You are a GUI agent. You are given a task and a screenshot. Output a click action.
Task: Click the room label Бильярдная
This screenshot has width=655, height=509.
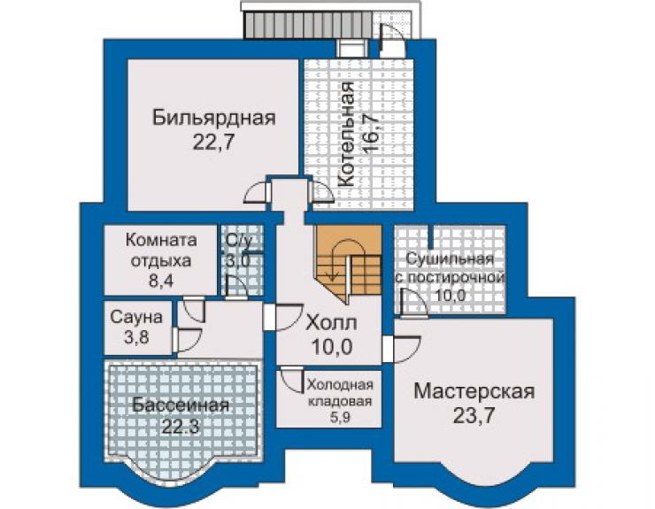click(x=214, y=118)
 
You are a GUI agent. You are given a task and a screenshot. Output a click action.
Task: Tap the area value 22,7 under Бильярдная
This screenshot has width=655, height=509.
click(x=212, y=143)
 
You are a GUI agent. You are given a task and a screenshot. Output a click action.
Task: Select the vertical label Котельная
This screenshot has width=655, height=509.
click(x=346, y=135)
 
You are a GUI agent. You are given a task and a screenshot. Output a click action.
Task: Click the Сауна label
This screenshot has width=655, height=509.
click(x=136, y=317)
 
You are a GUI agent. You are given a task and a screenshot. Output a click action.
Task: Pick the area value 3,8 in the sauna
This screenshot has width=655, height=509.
click(x=136, y=337)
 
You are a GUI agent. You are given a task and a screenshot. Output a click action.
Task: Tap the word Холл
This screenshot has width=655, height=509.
click(x=331, y=323)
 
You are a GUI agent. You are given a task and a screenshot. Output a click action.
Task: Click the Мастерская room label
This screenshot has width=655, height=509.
click(x=474, y=392)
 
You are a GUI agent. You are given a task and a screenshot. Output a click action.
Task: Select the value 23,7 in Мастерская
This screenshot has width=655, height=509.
click(x=474, y=416)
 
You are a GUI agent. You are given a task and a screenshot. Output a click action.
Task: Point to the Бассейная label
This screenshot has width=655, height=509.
click(x=181, y=405)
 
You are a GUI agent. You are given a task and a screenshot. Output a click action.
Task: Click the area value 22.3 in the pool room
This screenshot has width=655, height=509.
click(x=181, y=427)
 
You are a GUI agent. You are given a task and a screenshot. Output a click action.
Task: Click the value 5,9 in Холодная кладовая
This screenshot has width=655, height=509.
click(x=339, y=418)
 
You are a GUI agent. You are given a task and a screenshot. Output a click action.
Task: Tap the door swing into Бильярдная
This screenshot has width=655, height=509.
click(x=256, y=194)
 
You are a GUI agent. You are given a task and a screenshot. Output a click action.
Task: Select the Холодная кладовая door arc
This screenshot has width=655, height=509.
click(x=290, y=380)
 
